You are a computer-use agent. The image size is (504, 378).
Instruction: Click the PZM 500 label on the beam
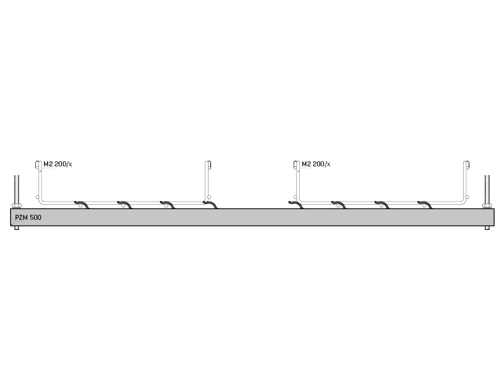point(28,217)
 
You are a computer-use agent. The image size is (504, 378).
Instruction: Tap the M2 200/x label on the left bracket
point(58,164)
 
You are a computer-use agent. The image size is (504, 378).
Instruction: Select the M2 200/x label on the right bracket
point(316,164)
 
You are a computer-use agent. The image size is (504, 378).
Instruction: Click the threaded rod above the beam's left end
point(17,190)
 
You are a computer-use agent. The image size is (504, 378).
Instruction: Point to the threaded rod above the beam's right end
point(487,190)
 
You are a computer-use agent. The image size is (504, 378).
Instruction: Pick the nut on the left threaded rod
point(17,206)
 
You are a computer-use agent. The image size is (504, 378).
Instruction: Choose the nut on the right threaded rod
point(487,206)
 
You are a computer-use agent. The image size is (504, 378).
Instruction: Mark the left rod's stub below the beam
point(17,228)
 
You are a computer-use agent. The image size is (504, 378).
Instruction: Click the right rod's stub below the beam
point(487,228)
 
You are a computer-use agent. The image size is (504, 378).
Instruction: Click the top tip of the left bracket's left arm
point(38,162)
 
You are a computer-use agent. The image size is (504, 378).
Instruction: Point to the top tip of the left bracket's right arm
point(209,162)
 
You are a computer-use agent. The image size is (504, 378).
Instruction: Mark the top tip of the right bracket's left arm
point(296,162)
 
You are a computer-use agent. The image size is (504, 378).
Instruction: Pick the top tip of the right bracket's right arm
point(466,162)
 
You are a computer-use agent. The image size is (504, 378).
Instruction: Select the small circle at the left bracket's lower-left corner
point(37,197)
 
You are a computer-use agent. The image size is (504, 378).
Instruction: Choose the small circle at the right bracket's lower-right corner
point(467,197)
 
